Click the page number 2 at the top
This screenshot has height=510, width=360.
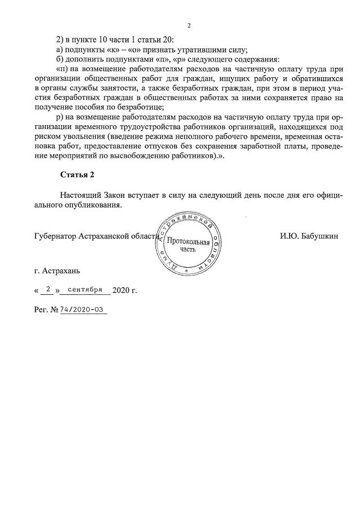pos(189,25)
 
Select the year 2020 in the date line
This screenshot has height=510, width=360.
pos(122,291)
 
